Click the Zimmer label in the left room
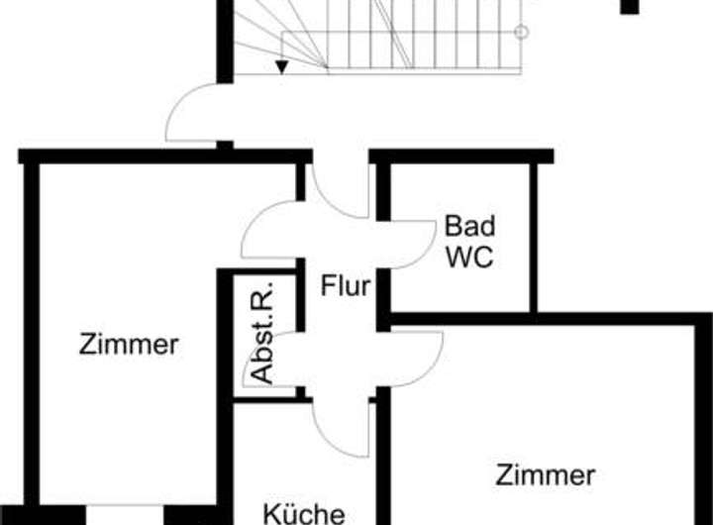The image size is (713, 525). coord(129,345)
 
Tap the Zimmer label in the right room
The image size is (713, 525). coord(546,474)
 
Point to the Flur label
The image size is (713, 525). coord(345,287)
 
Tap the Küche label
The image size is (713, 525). coord(303,513)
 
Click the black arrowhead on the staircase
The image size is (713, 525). coord(282,67)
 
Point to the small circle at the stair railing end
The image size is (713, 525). coord(522,32)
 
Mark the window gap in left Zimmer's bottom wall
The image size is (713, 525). coord(129,514)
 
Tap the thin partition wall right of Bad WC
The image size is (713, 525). coord(533,238)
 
